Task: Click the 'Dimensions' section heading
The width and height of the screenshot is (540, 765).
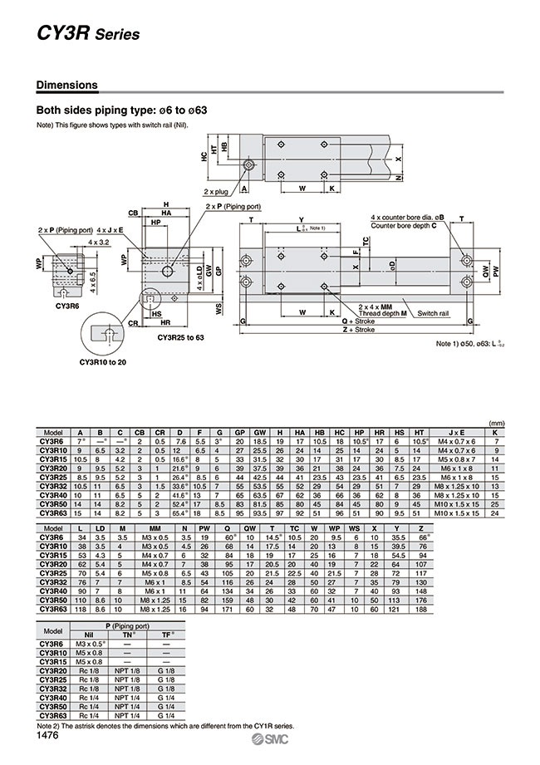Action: pos(66,85)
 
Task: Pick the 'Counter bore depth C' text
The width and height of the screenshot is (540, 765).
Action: pos(410,225)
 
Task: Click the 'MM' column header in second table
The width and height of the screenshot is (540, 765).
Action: pos(155,527)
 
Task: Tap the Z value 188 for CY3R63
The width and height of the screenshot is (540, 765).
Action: pos(422,610)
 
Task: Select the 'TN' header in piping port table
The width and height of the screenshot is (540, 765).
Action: pos(128,634)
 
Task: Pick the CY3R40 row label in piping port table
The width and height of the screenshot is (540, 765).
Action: pos(52,699)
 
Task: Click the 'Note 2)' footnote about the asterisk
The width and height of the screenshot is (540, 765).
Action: pos(164,725)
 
